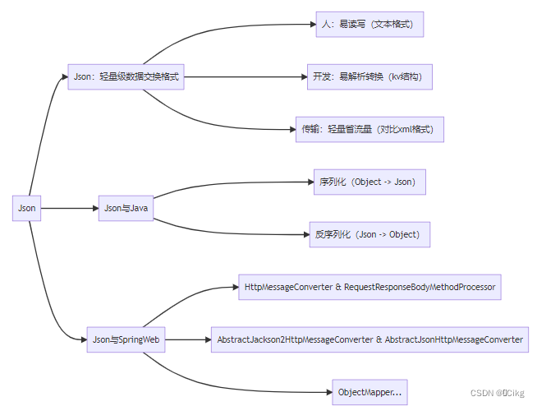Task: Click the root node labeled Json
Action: coord(27,208)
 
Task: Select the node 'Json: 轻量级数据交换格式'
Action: coord(126,76)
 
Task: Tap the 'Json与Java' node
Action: coord(125,208)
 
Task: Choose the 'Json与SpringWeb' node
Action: coord(126,339)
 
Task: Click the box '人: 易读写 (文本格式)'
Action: coord(369,24)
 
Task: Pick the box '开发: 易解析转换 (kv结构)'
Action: coord(369,76)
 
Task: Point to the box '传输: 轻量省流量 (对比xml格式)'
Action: coord(369,129)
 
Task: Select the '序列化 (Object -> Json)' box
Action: coord(369,182)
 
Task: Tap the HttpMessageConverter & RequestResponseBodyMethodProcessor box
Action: coord(369,287)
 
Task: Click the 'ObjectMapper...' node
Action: coord(369,392)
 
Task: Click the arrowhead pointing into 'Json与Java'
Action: coord(94,208)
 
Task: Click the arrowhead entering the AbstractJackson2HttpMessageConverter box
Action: coord(206,339)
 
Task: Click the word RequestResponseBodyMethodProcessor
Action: coord(419,287)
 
